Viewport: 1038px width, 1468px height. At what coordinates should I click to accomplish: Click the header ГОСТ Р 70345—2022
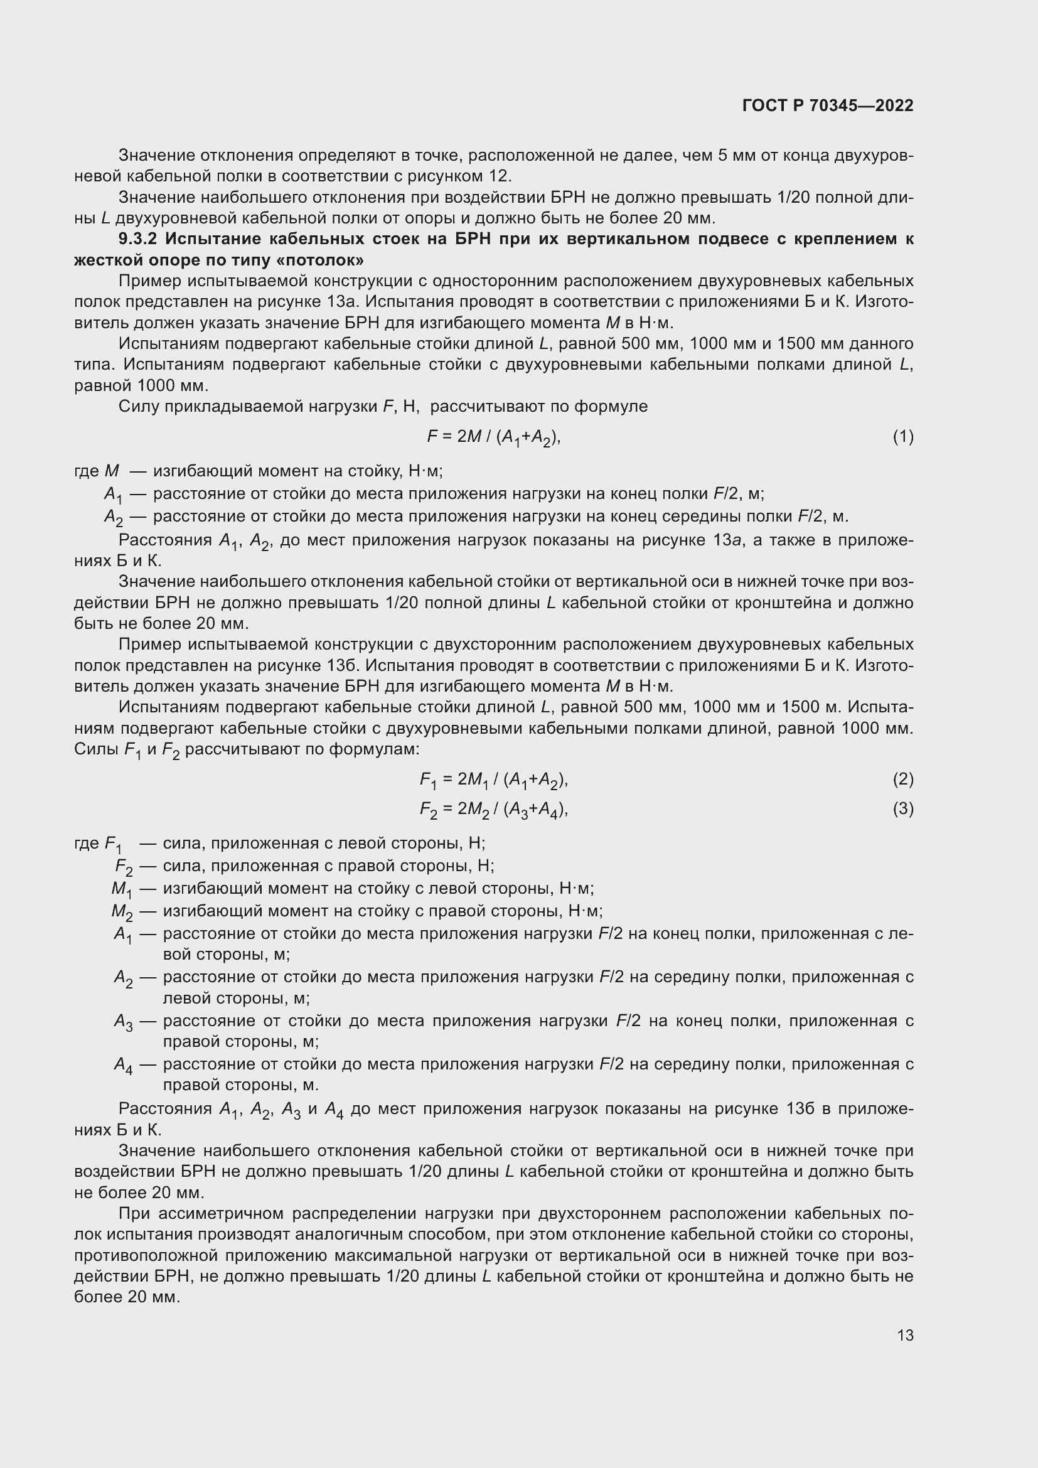(828, 105)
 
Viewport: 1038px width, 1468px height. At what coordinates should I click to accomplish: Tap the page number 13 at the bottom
(905, 1335)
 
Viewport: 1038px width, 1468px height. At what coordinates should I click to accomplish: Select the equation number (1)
(902, 437)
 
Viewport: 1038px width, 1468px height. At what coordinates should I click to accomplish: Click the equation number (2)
(902, 779)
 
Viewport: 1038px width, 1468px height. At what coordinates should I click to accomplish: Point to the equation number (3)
(902, 809)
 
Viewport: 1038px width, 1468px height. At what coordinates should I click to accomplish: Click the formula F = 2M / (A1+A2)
(493, 437)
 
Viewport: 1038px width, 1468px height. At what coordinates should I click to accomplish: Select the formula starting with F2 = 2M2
(493, 810)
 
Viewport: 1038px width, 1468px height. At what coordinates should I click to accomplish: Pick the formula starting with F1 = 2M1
(493, 780)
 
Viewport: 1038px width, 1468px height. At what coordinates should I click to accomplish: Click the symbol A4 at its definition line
(123, 1064)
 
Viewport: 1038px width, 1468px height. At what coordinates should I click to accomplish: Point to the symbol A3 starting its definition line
(123, 1022)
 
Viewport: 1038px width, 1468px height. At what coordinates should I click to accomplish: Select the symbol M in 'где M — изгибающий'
(111, 471)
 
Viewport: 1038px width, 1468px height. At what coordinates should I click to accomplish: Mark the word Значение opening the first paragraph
(157, 156)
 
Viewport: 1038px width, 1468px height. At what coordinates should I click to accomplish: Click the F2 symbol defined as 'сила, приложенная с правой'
(124, 867)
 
